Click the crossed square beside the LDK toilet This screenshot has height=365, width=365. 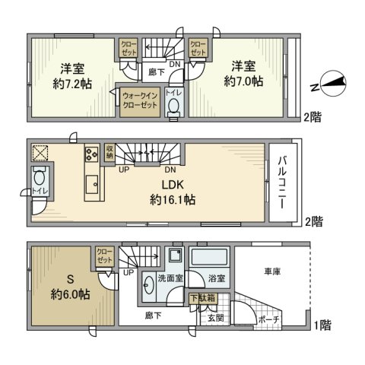(x=40, y=152)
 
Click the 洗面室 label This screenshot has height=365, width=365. (x=170, y=279)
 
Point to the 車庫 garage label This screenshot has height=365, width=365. (x=272, y=271)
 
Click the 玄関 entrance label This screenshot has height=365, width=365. (x=215, y=318)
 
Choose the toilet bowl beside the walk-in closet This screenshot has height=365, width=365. (x=173, y=108)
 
